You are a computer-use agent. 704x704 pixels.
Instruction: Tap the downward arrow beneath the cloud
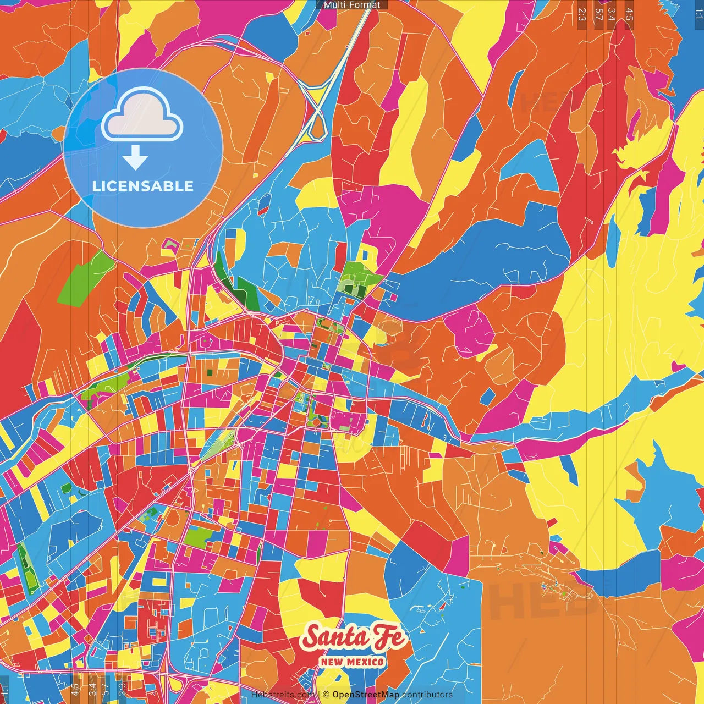point(135,158)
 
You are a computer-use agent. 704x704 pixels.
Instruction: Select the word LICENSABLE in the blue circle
point(143,186)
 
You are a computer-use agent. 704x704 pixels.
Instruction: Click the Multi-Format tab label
point(352,5)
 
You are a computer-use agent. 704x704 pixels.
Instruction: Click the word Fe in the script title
point(389,637)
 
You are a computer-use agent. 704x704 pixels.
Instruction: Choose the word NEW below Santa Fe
point(332,662)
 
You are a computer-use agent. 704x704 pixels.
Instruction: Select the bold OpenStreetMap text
point(366,695)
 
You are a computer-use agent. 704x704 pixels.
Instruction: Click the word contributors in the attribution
point(427,695)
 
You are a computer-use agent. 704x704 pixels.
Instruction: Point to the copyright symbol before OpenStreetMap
point(326,695)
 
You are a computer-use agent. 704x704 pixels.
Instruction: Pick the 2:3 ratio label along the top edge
point(581,14)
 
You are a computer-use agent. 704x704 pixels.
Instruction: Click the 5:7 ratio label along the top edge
point(598,14)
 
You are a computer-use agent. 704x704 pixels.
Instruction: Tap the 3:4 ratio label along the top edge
point(611,14)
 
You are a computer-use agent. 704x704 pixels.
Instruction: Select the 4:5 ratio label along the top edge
point(629,14)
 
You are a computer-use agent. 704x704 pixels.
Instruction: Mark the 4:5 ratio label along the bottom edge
point(75,690)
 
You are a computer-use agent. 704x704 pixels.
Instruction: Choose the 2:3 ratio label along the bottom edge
point(122,690)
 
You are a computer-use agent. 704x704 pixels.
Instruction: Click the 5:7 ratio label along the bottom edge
point(106,690)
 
